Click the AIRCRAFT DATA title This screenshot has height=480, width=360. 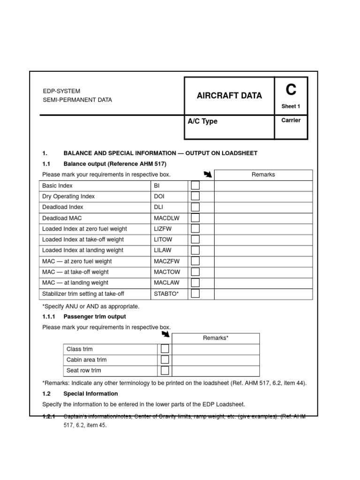pyautogui.click(x=229, y=96)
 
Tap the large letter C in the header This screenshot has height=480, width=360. pyautogui.click(x=291, y=89)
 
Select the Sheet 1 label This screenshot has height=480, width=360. pyautogui.click(x=291, y=106)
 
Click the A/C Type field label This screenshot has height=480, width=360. pyautogui.click(x=202, y=121)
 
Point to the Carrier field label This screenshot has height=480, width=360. pyautogui.click(x=291, y=120)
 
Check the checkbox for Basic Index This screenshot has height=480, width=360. pyautogui.click(x=195, y=186)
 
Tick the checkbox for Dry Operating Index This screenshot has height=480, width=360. pyautogui.click(x=195, y=196)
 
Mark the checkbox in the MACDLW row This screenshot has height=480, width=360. pyautogui.click(x=195, y=218)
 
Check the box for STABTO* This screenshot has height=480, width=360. pyautogui.click(x=195, y=293)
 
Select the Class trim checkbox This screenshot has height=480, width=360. pyautogui.click(x=165, y=349)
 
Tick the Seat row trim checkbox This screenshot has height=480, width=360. pyautogui.click(x=165, y=370)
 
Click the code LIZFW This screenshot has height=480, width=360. pyautogui.click(x=164, y=229)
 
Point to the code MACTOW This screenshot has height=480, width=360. pyautogui.click(x=166, y=272)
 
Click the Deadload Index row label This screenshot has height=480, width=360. pyautogui.click(x=63, y=207)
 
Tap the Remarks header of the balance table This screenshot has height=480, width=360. pyautogui.click(x=263, y=175)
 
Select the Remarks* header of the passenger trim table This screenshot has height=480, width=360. pyautogui.click(x=216, y=338)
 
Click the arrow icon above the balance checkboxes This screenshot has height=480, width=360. pyautogui.click(x=208, y=175)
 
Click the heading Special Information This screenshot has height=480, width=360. pyautogui.click(x=90, y=394)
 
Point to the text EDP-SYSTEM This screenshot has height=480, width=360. pyautogui.click(x=61, y=91)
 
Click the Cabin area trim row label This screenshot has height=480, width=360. pyautogui.click(x=87, y=360)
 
